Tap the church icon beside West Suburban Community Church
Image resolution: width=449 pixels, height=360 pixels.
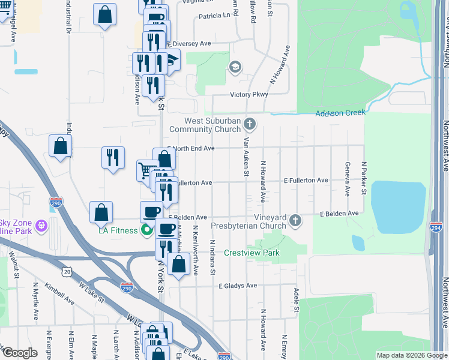(x=251, y=124)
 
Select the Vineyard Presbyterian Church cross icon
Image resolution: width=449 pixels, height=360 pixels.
(x=295, y=221)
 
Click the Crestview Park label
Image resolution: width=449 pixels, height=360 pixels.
(x=252, y=253)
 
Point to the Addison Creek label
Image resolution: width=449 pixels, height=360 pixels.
(x=340, y=113)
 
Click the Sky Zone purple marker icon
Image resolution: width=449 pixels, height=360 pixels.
(x=41, y=226)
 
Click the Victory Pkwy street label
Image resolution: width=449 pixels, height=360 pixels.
(x=248, y=95)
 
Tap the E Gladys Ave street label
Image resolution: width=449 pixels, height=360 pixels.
(x=238, y=286)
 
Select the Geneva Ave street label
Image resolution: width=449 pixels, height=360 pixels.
(x=347, y=179)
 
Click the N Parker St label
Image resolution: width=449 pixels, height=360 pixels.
(x=363, y=178)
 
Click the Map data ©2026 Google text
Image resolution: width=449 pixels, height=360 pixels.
(x=411, y=355)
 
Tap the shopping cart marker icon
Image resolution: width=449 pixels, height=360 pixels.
(x=145, y=170)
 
